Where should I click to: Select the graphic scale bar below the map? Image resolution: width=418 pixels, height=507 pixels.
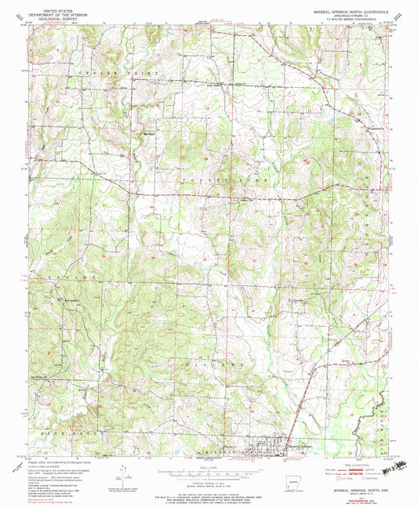(x=209, y=473)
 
